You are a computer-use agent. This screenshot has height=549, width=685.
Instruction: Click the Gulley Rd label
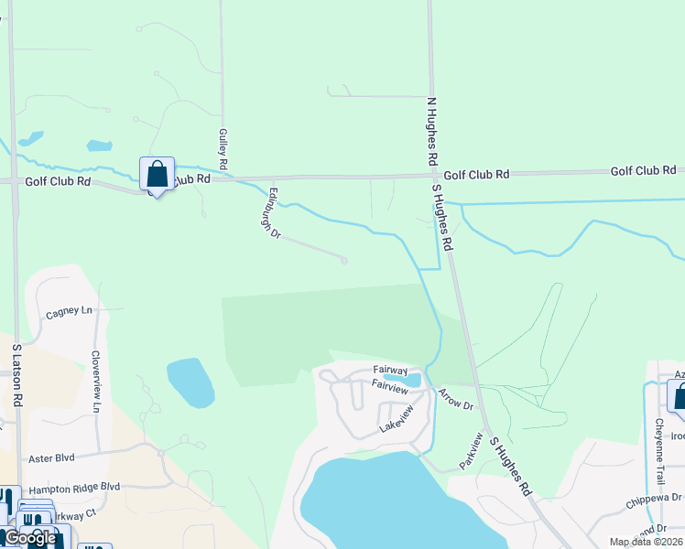223,149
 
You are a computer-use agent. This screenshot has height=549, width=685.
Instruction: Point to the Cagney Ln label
69,312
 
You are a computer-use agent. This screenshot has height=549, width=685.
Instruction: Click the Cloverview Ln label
95,381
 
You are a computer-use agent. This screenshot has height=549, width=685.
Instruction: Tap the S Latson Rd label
16,374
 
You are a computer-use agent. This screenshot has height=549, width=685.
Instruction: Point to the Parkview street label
471,450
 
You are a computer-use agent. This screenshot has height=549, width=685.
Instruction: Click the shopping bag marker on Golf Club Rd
157,174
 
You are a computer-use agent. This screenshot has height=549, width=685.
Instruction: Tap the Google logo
30,538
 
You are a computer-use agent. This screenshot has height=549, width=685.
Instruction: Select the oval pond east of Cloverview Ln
190,382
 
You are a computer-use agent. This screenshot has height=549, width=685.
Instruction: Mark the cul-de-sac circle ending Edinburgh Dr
344,261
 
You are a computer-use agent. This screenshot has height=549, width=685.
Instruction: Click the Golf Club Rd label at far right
643,171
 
